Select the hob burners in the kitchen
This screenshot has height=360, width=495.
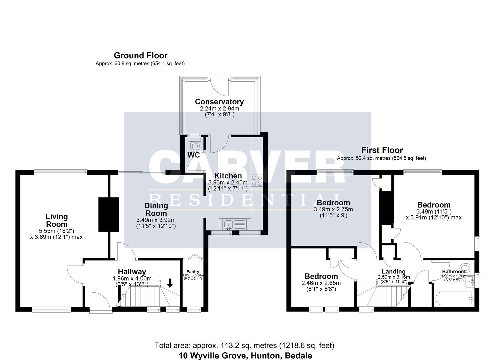257,180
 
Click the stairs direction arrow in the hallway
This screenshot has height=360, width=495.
170,283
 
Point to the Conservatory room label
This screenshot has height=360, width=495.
219,102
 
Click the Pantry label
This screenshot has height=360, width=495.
193,272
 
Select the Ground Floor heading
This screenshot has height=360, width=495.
140,55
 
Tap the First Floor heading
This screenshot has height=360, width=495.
382,150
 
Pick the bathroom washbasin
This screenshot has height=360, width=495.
470,281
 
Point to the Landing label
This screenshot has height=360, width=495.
394,271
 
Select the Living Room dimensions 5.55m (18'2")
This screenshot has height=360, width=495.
56,231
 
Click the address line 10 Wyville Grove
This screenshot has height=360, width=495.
245,356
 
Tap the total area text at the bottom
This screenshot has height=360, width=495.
244,345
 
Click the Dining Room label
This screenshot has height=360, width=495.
156,210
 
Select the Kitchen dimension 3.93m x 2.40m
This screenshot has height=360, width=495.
228,183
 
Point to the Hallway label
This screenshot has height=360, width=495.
132,272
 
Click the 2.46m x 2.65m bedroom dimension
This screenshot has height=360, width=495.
321,283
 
